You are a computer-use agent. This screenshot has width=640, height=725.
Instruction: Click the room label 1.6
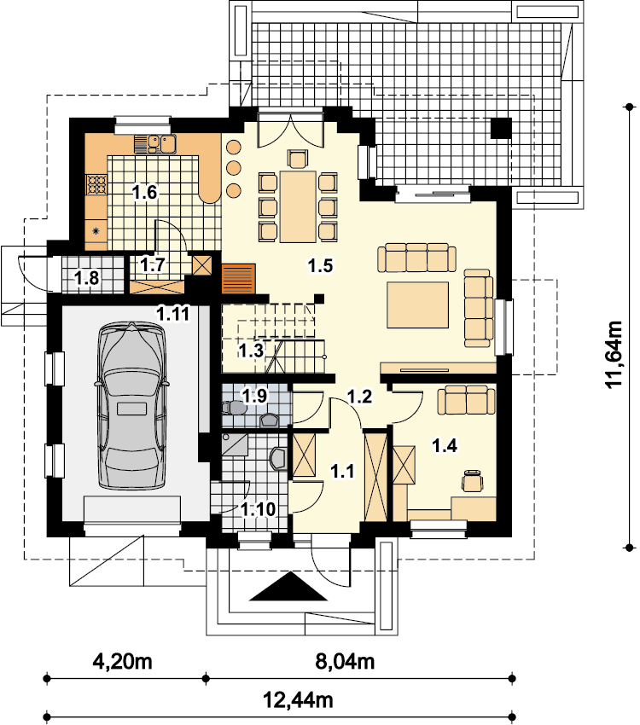coord(145,192)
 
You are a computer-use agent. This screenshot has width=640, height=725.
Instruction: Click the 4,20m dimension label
coord(123,661)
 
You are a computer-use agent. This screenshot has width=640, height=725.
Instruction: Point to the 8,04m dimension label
coord(345,661)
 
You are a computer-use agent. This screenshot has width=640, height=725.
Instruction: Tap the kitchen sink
coord(161,144)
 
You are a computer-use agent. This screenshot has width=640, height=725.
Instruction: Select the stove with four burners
coord(96,184)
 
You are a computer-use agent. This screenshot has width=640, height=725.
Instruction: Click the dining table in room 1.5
coord(298,206)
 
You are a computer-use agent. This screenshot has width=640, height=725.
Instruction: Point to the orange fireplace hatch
coord(239,278)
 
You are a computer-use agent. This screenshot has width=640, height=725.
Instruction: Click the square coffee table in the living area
coord(418,304)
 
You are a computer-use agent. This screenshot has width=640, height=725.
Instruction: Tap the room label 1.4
coord(445,446)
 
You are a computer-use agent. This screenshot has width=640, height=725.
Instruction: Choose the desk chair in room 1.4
coord(473,480)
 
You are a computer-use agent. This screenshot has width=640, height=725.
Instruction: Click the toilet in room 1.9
coord(234,408)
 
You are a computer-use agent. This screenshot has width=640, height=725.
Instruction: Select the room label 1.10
coord(258,509)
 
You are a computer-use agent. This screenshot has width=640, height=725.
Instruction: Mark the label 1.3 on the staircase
coord(251,351)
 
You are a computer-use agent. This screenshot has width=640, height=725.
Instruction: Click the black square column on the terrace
coord(501,128)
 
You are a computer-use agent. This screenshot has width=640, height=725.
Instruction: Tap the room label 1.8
coord(86,278)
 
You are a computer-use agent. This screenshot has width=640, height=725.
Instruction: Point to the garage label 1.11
coord(173,314)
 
